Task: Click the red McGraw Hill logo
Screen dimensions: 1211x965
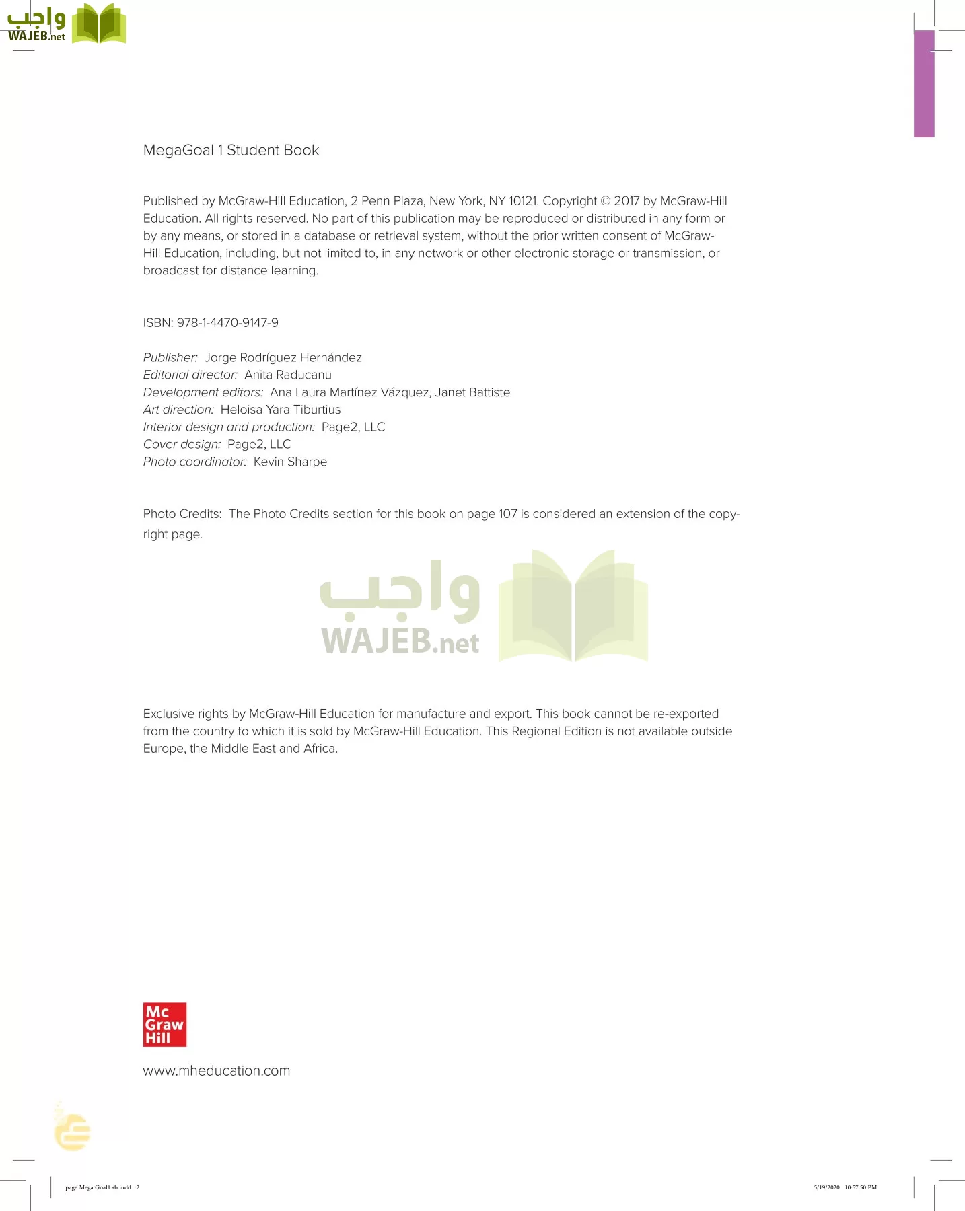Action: [x=164, y=1025]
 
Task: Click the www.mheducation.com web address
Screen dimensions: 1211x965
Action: [x=216, y=1070]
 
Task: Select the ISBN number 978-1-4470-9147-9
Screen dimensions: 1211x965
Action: [x=227, y=323]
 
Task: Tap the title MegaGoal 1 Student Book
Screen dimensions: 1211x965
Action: [x=231, y=150]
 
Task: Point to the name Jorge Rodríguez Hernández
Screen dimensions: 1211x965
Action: [x=283, y=357]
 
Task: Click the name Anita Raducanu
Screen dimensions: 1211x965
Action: [x=287, y=375]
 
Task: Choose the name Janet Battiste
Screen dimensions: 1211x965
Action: [x=472, y=392]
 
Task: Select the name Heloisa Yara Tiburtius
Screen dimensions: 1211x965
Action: [x=280, y=410]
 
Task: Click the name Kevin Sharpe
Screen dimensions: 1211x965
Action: [x=290, y=462]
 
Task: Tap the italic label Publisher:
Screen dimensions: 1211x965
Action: [x=170, y=357]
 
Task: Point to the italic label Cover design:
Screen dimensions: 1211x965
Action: [x=182, y=444]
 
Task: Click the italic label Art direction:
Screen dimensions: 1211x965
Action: [x=178, y=410]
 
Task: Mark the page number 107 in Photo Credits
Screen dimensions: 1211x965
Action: [x=507, y=514]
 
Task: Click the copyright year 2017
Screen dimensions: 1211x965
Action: [x=627, y=201]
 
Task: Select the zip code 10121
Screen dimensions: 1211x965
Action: [x=524, y=201]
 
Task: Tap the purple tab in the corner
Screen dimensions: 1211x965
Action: [x=924, y=83]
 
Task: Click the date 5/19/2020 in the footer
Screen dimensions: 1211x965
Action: [x=826, y=1187]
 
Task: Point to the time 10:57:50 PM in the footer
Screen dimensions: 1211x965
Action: [x=861, y=1187]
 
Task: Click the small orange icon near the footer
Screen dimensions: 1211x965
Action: [x=73, y=1132]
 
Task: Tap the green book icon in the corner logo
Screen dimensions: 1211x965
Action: [x=99, y=24]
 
